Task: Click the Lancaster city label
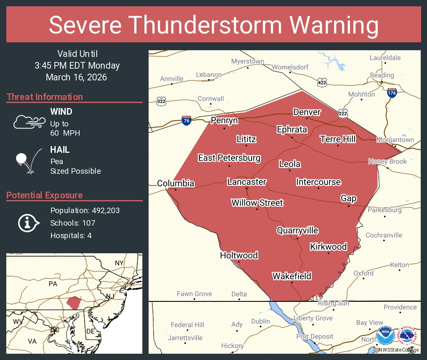click(x=247, y=182)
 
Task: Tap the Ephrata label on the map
click(x=292, y=129)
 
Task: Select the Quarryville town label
click(x=297, y=231)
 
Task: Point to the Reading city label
click(x=382, y=75)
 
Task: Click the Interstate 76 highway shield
click(x=187, y=121)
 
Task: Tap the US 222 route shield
click(x=343, y=114)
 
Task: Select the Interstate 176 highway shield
click(x=392, y=93)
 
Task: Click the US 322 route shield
click(x=161, y=101)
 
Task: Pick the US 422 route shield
click(x=322, y=82)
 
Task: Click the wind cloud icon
click(x=29, y=122)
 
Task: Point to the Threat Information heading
click(x=45, y=97)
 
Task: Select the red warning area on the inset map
click(x=74, y=303)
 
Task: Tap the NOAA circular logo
click(x=385, y=336)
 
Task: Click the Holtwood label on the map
click(x=239, y=255)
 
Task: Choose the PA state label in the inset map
click(x=53, y=284)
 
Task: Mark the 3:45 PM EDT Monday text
click(x=77, y=66)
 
